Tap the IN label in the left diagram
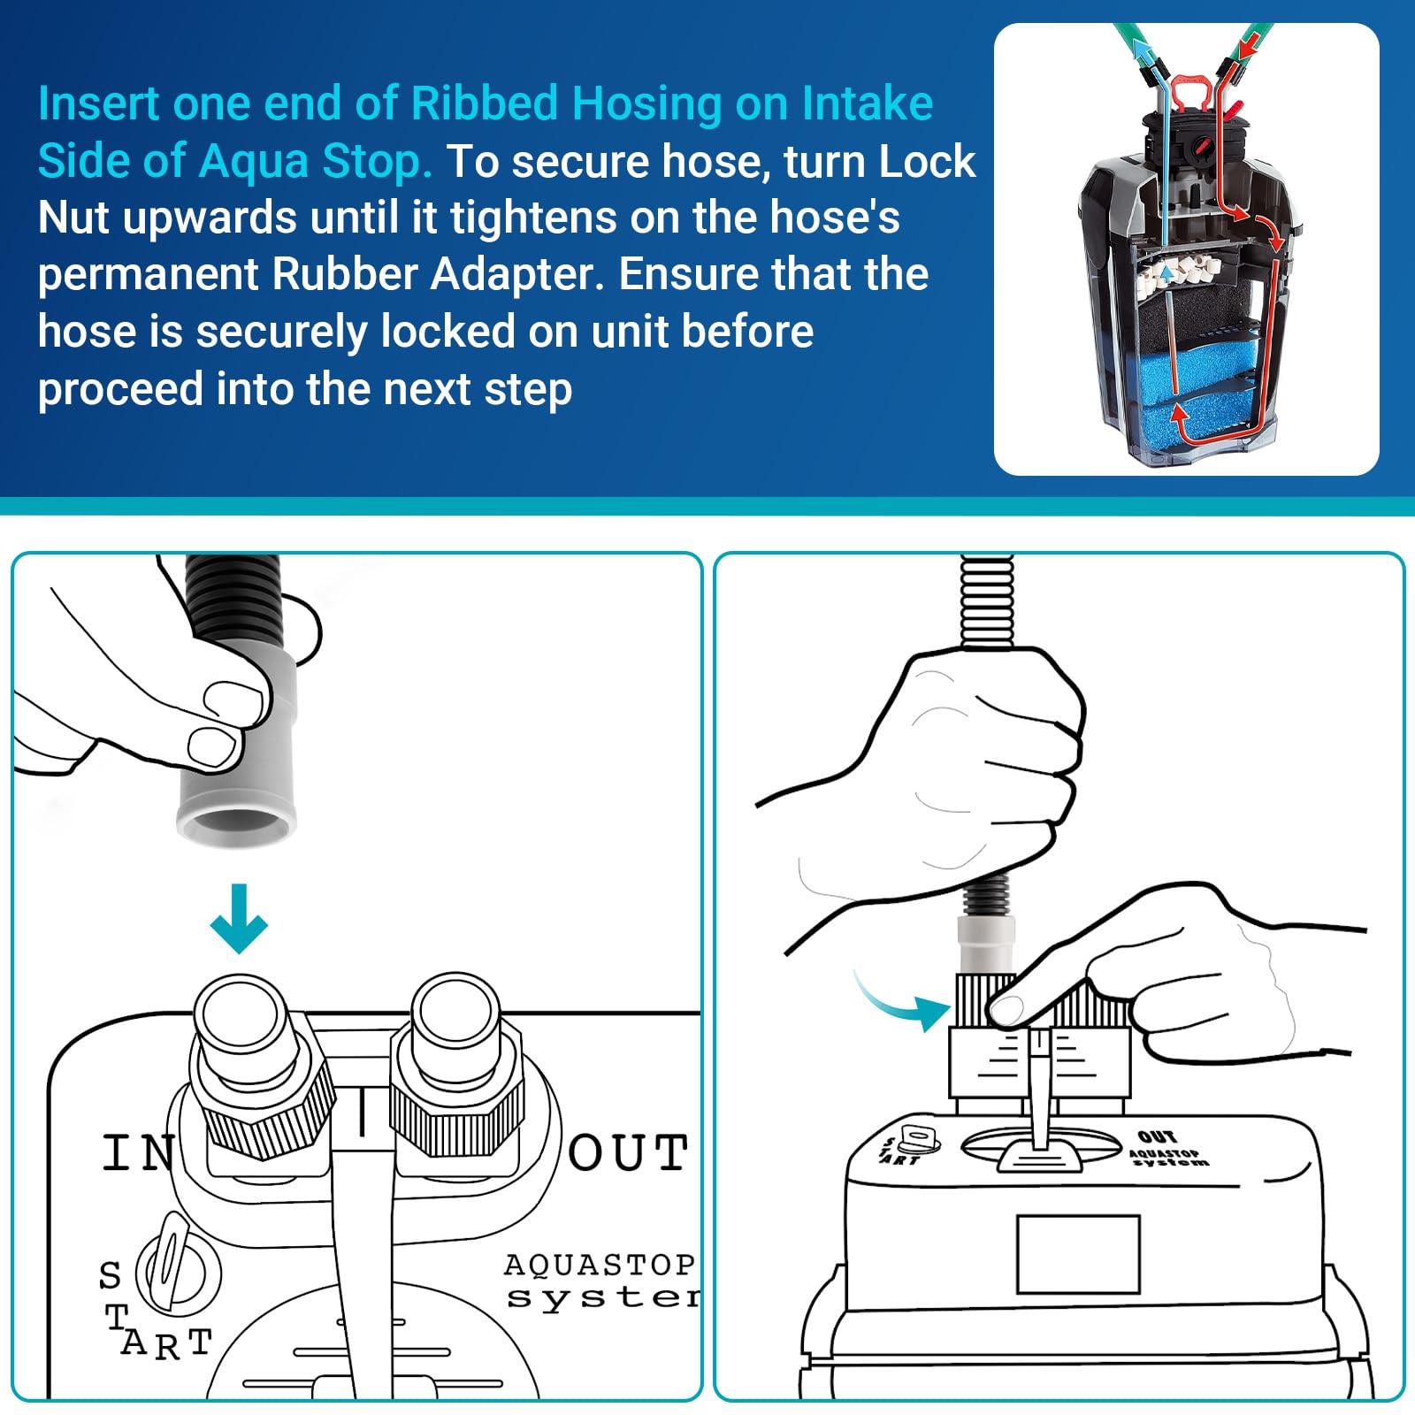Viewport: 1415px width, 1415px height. click(137, 1153)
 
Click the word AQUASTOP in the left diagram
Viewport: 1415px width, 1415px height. click(599, 1265)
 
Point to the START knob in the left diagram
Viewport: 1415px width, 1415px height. click(177, 1273)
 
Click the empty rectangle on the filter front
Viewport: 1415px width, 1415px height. click(1077, 1254)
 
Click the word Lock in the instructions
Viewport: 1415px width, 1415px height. click(928, 161)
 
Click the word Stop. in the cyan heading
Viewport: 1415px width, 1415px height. click(377, 161)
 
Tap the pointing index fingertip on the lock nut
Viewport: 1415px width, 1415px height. click(1006, 1008)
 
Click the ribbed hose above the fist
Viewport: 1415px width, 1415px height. click(987, 601)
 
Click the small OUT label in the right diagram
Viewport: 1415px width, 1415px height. click(1157, 1136)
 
